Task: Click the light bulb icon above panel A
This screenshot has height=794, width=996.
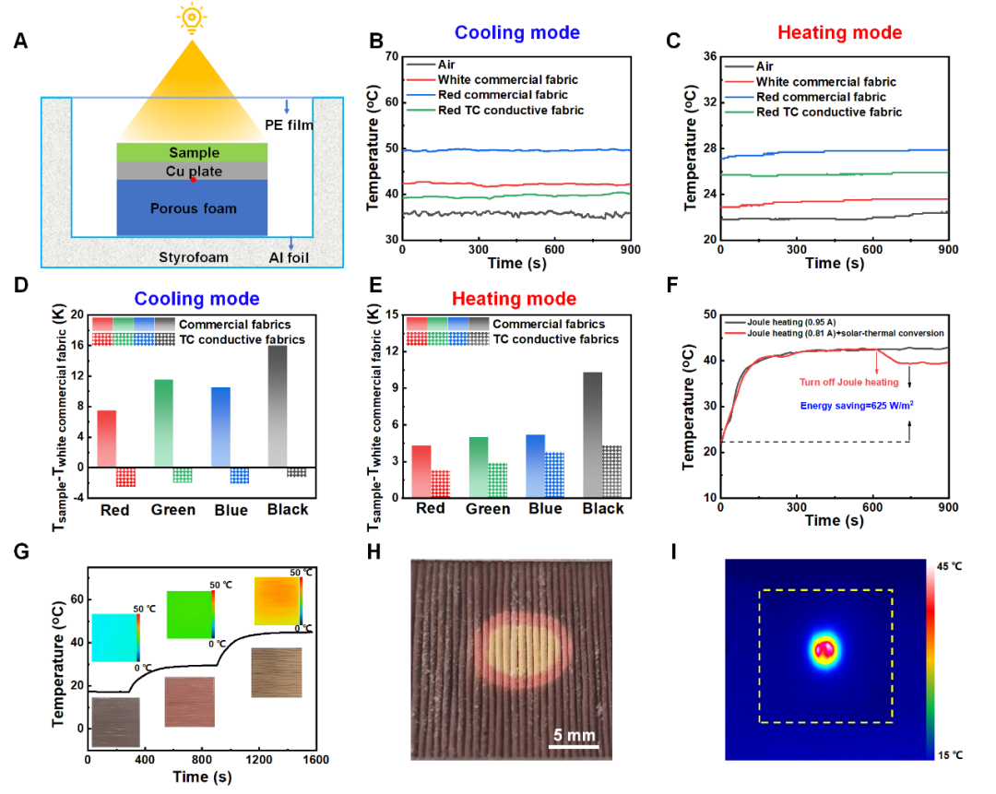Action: pyautogui.click(x=192, y=18)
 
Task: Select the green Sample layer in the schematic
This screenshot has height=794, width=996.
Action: pyautogui.click(x=192, y=152)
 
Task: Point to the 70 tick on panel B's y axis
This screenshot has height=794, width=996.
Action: pyautogui.click(x=389, y=57)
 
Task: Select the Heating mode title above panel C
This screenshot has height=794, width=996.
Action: pyautogui.click(x=839, y=34)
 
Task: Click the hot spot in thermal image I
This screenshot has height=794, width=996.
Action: pyautogui.click(x=824, y=650)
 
